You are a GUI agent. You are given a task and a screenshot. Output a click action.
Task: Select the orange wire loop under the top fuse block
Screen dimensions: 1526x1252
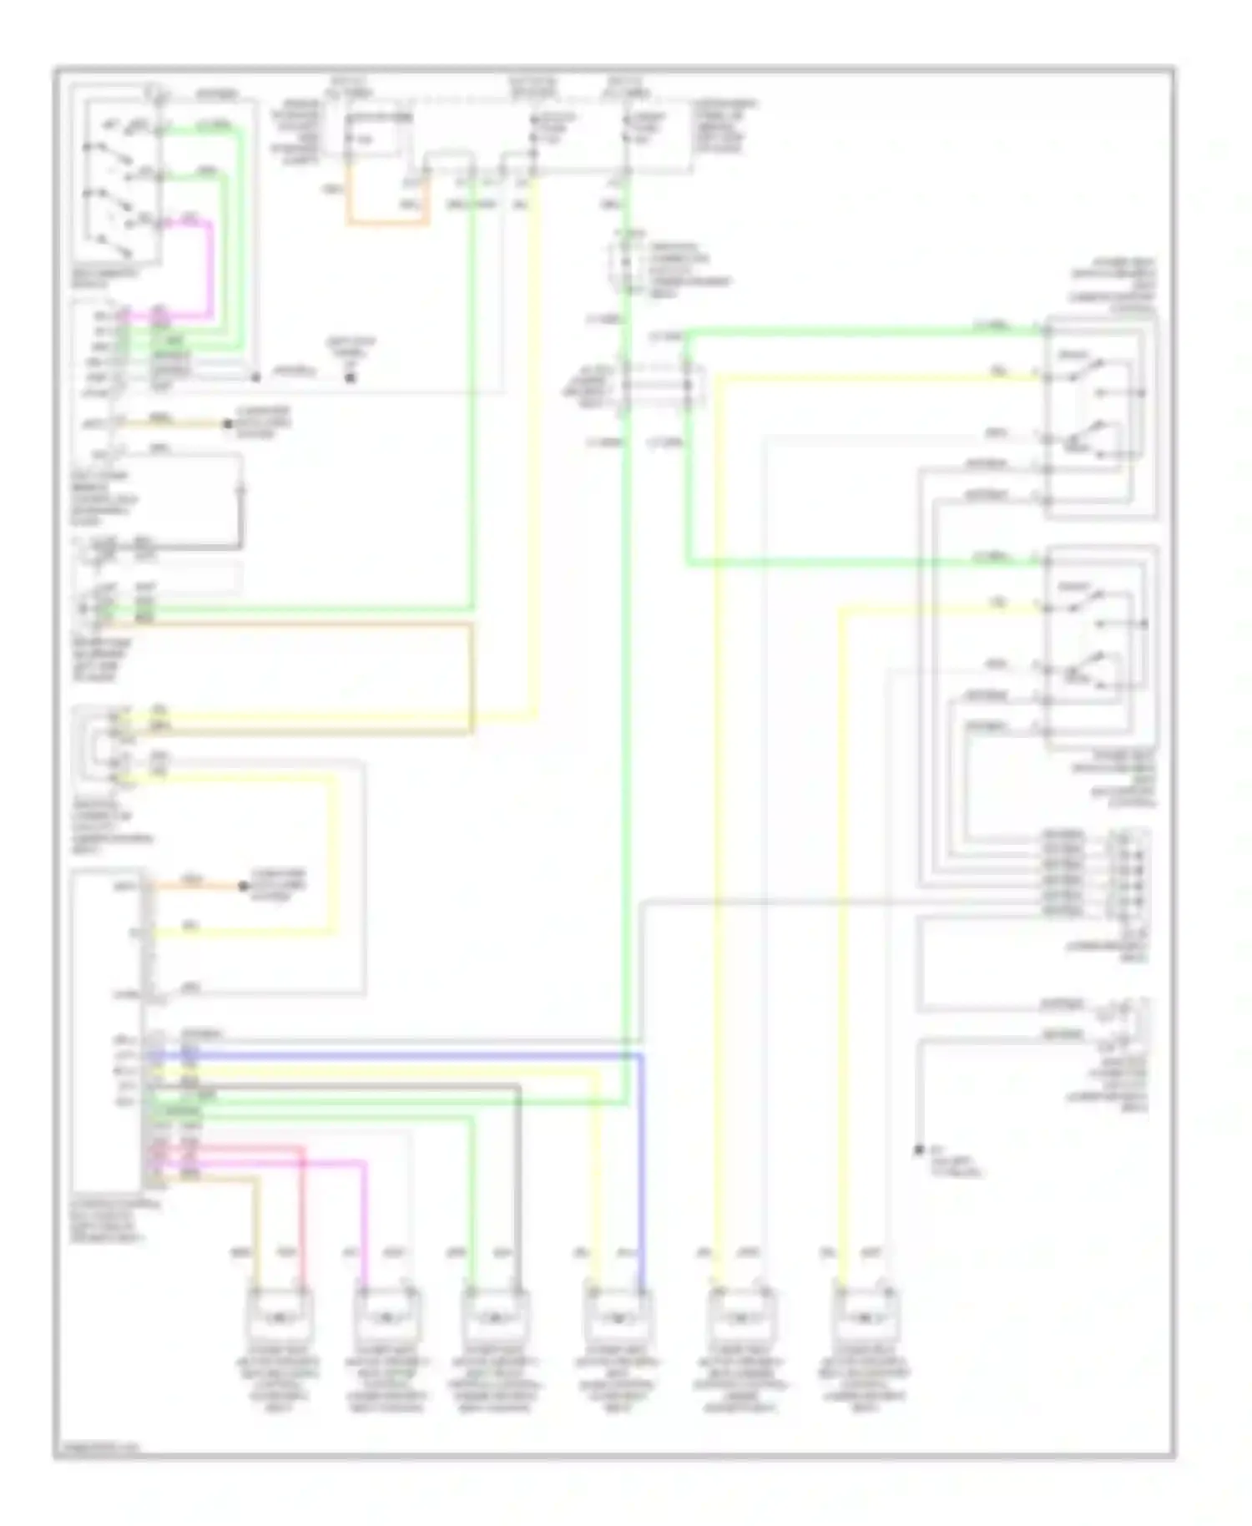click(388, 223)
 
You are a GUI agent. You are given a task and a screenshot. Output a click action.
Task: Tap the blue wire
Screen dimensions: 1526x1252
click(641, 1169)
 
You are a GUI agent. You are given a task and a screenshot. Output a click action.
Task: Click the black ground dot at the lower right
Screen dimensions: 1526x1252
click(919, 1150)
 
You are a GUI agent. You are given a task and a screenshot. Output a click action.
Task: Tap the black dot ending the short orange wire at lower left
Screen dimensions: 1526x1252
click(243, 886)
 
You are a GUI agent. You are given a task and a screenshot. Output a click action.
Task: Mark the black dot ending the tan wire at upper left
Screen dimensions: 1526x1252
click(227, 424)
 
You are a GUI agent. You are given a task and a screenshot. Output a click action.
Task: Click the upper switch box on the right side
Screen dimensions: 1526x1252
click(1100, 417)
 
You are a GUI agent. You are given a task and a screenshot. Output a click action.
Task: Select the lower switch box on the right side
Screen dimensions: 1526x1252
click(1100, 647)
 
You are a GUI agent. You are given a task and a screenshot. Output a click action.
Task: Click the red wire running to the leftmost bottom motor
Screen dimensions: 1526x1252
click(302, 1210)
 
